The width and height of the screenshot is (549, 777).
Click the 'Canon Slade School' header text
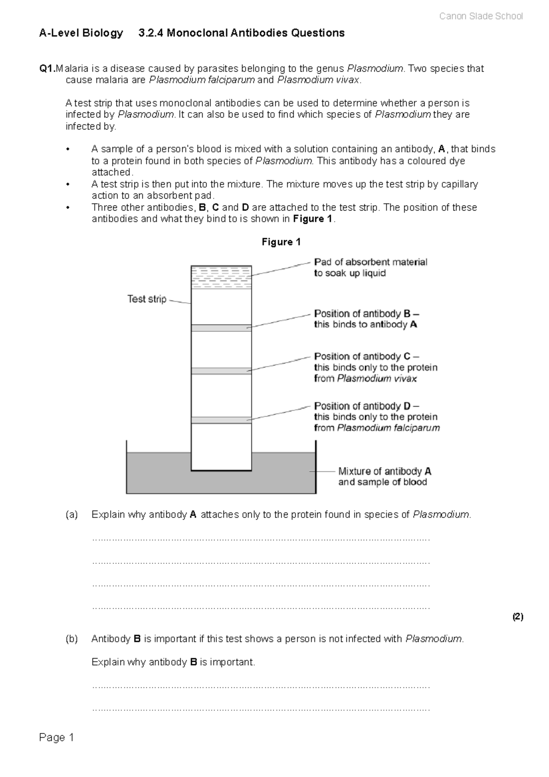pyautogui.click(x=480, y=16)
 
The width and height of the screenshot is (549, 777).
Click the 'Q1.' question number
pyautogui.click(x=47, y=69)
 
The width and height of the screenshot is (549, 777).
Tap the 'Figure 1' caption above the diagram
pyautogui.click(x=281, y=242)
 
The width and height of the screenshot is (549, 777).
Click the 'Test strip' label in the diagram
pyautogui.click(x=146, y=299)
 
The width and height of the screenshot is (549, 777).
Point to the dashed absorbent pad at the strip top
pyautogui.click(x=221, y=277)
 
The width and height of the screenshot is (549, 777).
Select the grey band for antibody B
pyautogui.click(x=221, y=328)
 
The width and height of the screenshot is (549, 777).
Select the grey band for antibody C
pyautogui.click(x=221, y=371)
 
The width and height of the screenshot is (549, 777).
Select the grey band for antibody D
pyautogui.click(x=221, y=420)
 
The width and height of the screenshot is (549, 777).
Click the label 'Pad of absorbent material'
pyautogui.click(x=371, y=262)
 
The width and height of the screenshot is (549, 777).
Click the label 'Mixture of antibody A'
pyautogui.click(x=384, y=471)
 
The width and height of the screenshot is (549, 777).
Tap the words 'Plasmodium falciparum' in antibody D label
pyautogui.click(x=388, y=428)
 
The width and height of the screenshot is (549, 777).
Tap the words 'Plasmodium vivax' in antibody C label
pyautogui.click(x=377, y=378)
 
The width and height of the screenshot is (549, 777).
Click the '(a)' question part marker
pyautogui.click(x=72, y=514)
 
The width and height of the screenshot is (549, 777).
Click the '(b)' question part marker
pyautogui.click(x=72, y=639)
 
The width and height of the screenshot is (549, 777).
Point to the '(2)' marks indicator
pyautogui.click(x=517, y=617)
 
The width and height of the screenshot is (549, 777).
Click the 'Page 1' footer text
pyautogui.click(x=57, y=737)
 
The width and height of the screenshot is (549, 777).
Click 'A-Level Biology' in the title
pyautogui.click(x=81, y=33)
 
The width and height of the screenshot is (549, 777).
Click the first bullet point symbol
pyautogui.click(x=68, y=149)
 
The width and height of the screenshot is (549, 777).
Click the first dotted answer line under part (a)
pyautogui.click(x=261, y=539)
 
